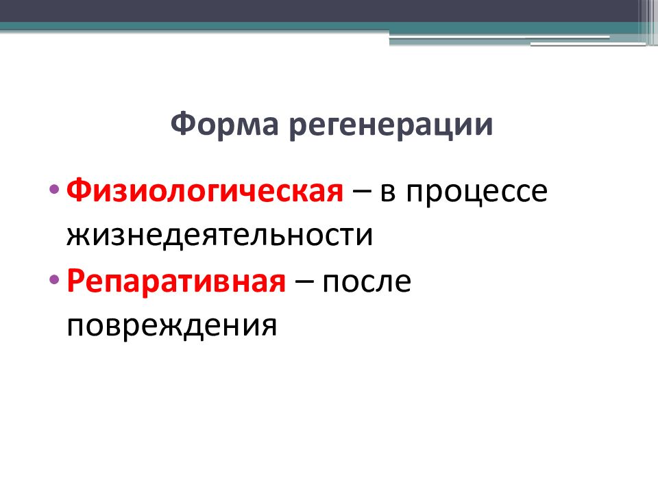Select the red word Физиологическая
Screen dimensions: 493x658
tap(204, 192)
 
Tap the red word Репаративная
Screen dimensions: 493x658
tap(176, 281)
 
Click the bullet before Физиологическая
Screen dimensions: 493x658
tap(54, 189)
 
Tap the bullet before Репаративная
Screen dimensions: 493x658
tap(54, 278)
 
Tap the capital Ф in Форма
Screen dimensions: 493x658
tap(182, 125)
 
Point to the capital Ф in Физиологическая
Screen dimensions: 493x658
tap(77, 192)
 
